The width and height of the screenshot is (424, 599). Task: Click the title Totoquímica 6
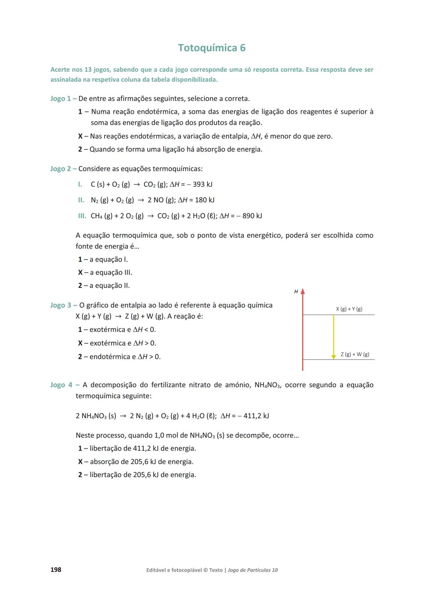coord(212,48)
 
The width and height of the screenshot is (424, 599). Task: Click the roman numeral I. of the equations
coord(80,184)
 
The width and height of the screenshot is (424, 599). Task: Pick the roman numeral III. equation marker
coord(82,216)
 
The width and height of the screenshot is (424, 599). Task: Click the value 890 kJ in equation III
coord(252,216)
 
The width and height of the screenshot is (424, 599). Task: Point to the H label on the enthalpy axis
coord(296,291)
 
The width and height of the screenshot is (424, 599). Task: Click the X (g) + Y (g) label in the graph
coord(349,309)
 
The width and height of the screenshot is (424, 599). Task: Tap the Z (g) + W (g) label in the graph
coord(355,354)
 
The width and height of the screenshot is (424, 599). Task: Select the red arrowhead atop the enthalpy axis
coord(303,291)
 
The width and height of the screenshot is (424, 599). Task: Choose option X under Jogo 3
coord(80,343)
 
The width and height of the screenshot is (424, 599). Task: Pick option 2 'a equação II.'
coord(104,286)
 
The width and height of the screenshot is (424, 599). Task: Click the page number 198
coord(56,570)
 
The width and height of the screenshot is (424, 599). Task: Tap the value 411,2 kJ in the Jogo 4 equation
coord(256,416)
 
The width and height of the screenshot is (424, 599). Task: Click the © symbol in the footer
coord(205,570)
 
